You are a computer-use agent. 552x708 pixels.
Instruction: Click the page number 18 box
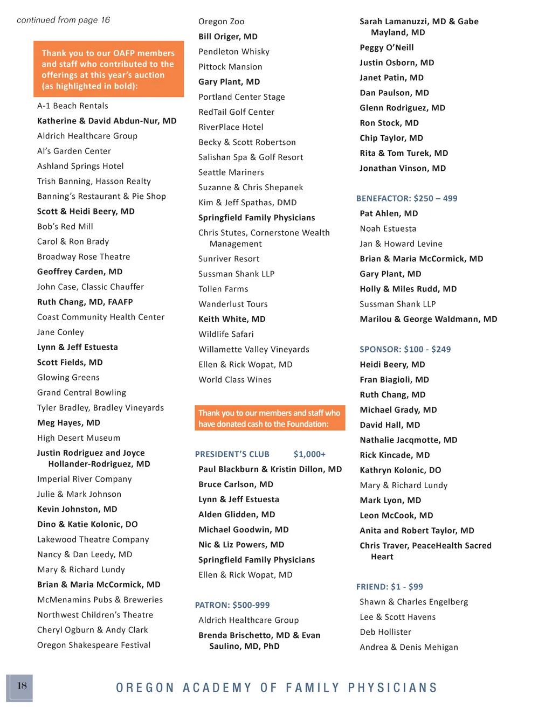coord(20,687)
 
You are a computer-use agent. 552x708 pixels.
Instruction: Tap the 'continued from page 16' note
coord(63,20)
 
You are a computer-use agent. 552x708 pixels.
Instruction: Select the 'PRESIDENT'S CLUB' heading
coord(232,454)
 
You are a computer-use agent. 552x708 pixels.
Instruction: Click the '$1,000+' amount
coord(309,454)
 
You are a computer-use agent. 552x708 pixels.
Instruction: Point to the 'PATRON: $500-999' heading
coord(232,605)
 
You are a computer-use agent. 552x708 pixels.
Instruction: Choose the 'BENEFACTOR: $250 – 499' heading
coord(406,198)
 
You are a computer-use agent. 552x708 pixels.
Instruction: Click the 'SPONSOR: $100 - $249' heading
coord(405,349)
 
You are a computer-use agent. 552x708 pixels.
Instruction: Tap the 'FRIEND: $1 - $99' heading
coord(389,587)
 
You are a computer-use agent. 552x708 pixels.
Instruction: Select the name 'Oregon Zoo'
coord(221,22)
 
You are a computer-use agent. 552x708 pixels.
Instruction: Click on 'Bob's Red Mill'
coord(65,226)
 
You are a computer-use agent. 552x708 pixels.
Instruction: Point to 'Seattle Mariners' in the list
coord(231,172)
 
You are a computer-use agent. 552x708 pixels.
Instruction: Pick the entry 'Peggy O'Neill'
coord(387,47)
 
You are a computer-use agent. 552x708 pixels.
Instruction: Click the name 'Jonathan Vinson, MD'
coord(403,168)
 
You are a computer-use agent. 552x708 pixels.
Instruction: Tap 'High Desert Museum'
coord(79,438)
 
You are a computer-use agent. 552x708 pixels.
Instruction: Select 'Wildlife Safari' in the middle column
coord(226,334)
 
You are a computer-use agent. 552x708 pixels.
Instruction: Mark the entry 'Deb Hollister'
coord(385,632)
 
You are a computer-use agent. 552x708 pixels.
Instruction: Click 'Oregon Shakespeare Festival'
coord(94,645)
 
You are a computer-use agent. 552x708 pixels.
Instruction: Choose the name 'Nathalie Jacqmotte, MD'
coord(408,440)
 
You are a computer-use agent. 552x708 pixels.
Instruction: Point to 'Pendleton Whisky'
coord(234,52)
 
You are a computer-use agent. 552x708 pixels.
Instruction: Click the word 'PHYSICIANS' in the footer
coord(392,688)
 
